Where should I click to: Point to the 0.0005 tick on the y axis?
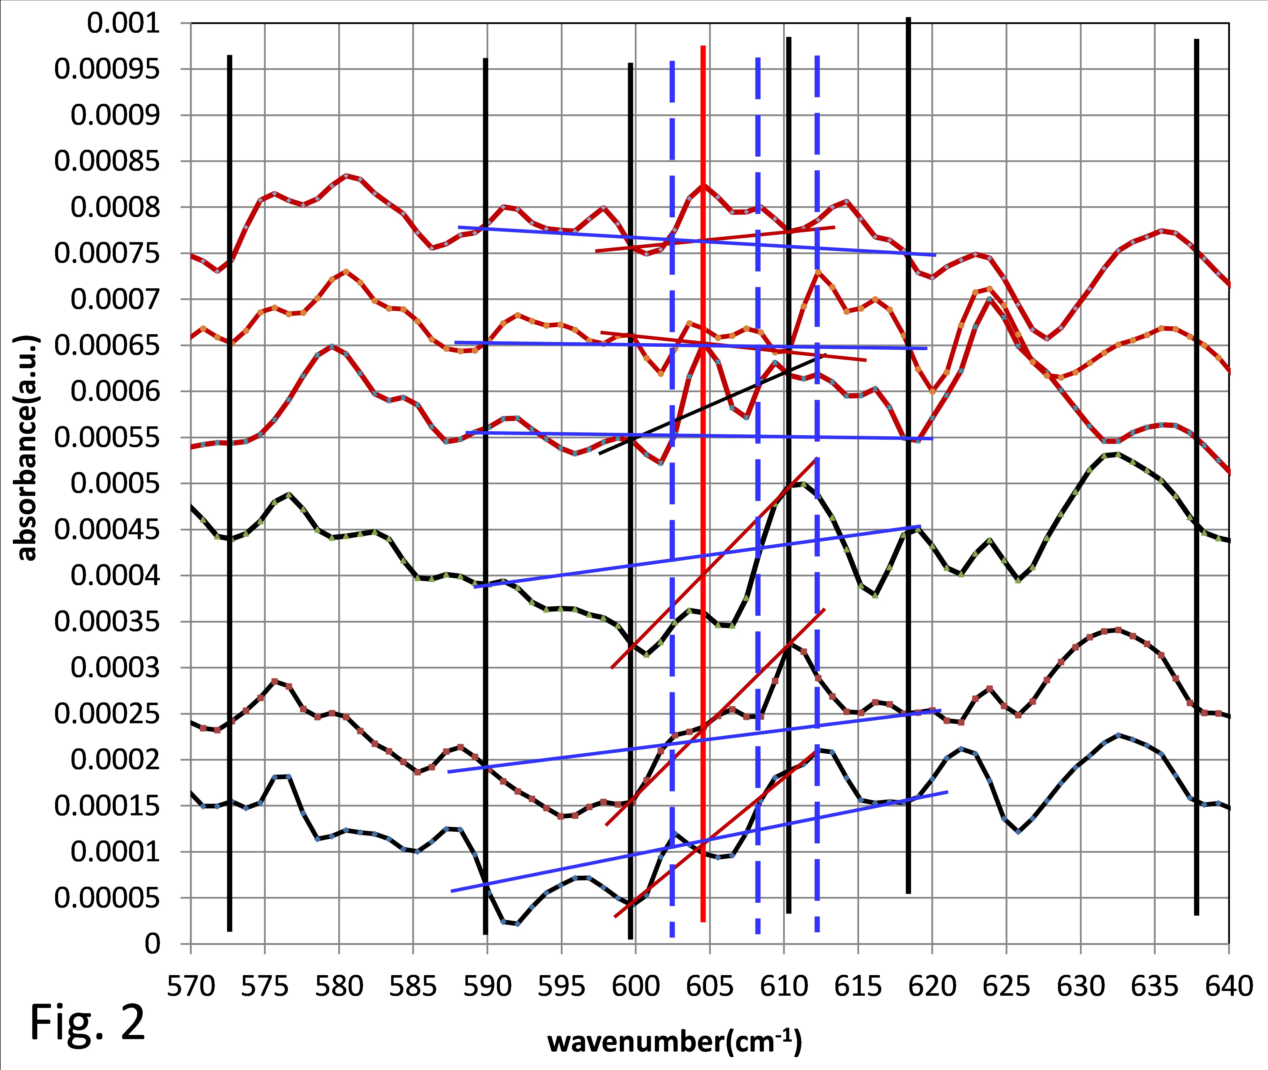(115, 483)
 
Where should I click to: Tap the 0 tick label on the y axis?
(152, 944)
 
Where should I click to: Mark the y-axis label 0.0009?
(115, 115)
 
